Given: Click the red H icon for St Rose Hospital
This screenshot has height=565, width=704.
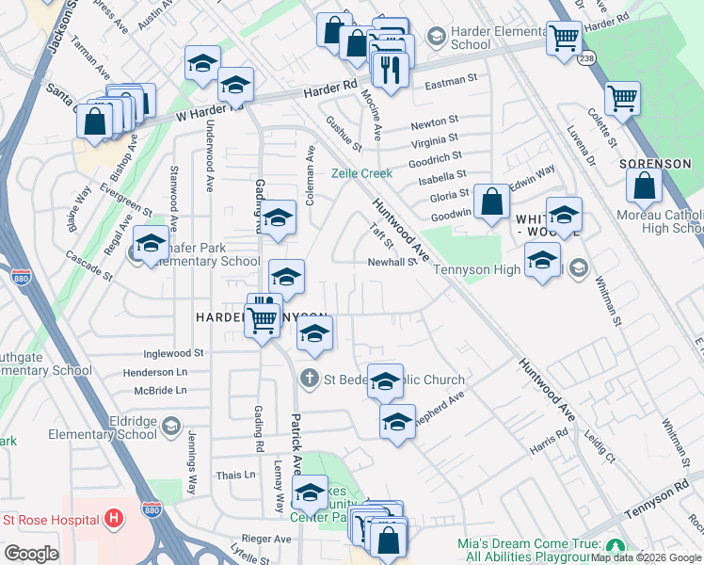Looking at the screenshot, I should click(x=114, y=519).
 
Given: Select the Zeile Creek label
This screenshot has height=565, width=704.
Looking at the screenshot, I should click(x=360, y=173).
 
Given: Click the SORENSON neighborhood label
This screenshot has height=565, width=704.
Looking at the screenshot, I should click(x=657, y=164).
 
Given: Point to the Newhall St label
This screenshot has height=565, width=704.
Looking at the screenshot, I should click(x=392, y=263).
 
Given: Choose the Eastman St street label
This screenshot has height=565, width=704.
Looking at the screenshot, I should click(x=452, y=82).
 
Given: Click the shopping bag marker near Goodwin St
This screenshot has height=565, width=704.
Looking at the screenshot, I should click(x=491, y=202).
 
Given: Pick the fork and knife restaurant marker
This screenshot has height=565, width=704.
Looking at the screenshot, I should click(x=389, y=68).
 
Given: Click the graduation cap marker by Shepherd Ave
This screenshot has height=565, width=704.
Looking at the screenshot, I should click(x=397, y=421).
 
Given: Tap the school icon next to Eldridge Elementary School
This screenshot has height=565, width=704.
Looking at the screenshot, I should click(x=170, y=428).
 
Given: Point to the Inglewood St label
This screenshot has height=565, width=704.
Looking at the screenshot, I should click(x=173, y=353).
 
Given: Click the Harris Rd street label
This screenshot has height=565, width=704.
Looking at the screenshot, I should click(x=549, y=441).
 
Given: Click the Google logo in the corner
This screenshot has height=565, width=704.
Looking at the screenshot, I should click(x=32, y=554).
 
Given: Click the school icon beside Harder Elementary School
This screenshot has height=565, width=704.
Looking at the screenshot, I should click(x=436, y=36).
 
